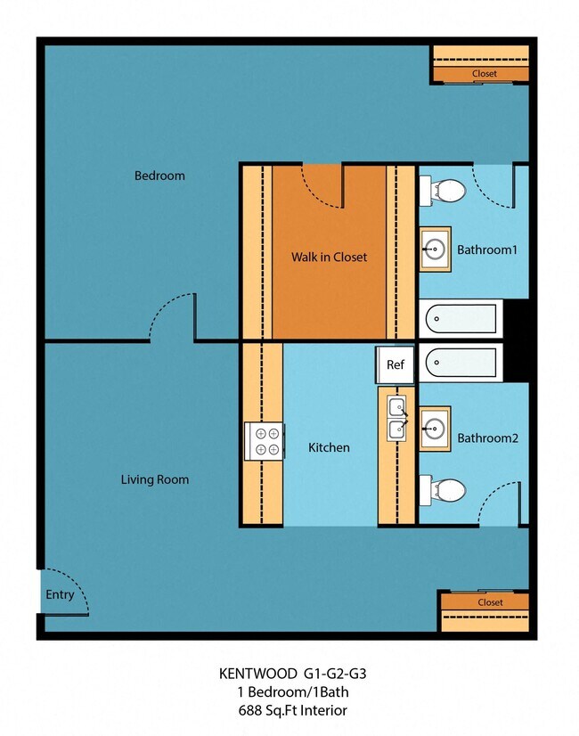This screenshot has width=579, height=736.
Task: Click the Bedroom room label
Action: click(x=159, y=176)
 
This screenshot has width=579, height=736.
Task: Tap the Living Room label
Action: click(x=155, y=479)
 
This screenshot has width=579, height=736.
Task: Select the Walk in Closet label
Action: click(x=329, y=258)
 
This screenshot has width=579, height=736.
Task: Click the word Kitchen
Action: click(x=329, y=447)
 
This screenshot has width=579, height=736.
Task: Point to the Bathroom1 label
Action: click(x=486, y=250)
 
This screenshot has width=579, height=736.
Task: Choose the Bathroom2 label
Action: click(x=487, y=438)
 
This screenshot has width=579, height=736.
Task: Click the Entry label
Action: click(x=61, y=595)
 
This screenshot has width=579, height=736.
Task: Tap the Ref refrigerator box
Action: click(x=395, y=364)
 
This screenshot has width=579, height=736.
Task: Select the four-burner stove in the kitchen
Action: click(x=265, y=440)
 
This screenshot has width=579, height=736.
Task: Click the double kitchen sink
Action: click(x=397, y=419)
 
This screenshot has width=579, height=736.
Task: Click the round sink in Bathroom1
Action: click(x=436, y=248)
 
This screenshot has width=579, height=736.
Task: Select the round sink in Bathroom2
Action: click(x=436, y=429)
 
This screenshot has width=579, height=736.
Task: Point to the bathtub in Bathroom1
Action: click(x=461, y=318)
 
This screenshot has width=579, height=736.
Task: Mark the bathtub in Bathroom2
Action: click(x=461, y=361)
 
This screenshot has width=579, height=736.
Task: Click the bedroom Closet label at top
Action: click(x=484, y=74)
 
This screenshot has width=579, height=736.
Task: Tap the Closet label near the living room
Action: click(x=490, y=602)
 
